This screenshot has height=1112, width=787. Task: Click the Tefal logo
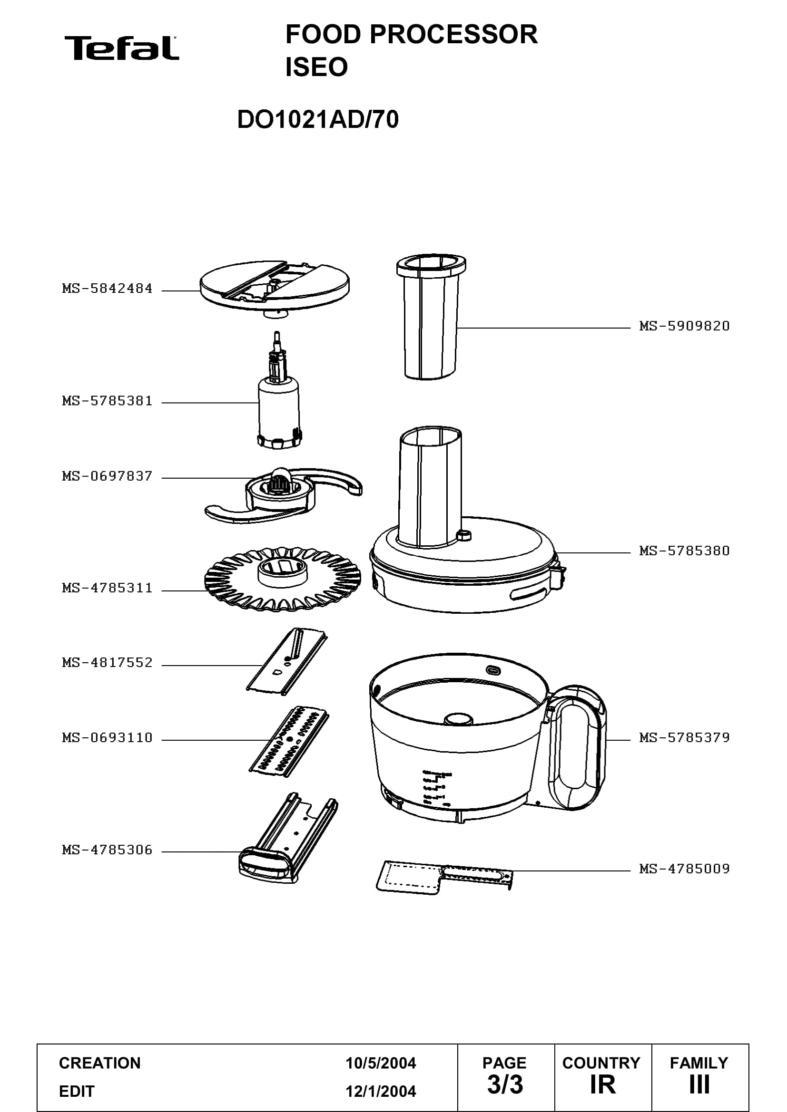[122, 48]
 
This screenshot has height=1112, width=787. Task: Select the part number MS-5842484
[107, 289]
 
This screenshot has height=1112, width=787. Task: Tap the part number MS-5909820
[684, 326]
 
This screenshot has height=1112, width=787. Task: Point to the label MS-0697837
[107, 476]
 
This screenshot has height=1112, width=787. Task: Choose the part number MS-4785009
[684, 869]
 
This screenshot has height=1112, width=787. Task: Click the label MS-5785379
[684, 738]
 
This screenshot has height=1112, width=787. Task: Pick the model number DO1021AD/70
[318, 119]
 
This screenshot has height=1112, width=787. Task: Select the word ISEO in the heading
[316, 67]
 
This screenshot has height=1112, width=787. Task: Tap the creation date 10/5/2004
[381, 1063]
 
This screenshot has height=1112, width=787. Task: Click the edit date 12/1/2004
[381, 1091]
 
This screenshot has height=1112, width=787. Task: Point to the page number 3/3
[505, 1084]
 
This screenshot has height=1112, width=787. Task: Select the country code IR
[602, 1084]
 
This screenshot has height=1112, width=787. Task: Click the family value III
[699, 1084]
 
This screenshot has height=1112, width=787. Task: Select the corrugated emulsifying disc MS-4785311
[283, 579]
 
